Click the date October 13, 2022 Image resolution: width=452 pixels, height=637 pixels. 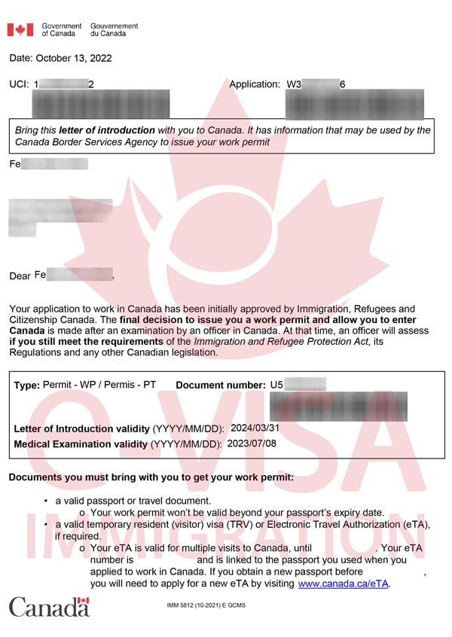[75, 58]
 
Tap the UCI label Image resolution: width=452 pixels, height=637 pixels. [19, 84]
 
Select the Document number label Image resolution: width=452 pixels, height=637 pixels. [221, 386]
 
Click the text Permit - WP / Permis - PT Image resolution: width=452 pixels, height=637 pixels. [99, 385]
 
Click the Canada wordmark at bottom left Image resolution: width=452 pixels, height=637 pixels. [49, 606]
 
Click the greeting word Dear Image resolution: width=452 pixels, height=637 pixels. [20, 276]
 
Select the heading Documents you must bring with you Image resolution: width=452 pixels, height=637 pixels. [151, 478]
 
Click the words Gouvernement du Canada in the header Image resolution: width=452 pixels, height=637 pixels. [114, 29]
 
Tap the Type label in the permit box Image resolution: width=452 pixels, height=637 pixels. [27, 386]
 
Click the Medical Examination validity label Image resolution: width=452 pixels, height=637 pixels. [81, 444]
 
